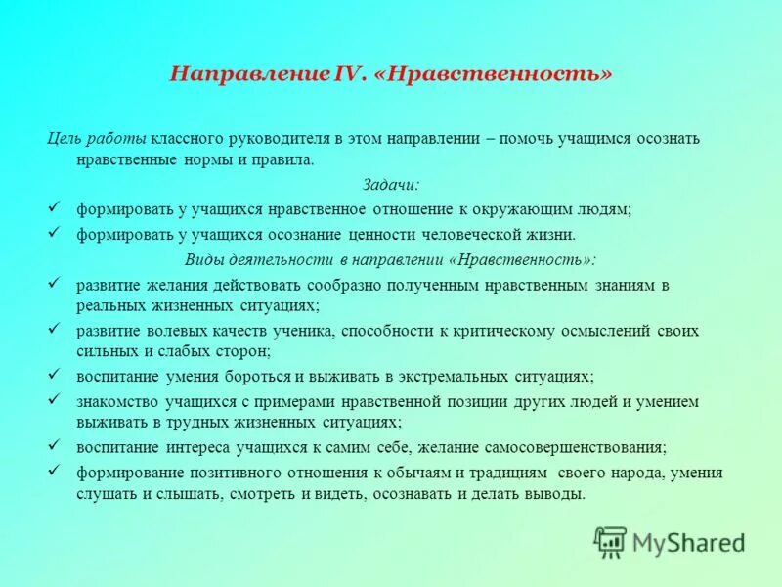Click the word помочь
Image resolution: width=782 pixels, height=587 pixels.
pos(526,138)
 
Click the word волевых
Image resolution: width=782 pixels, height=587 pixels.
pos(173,331)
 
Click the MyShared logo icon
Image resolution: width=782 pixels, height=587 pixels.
pos(610,541)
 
